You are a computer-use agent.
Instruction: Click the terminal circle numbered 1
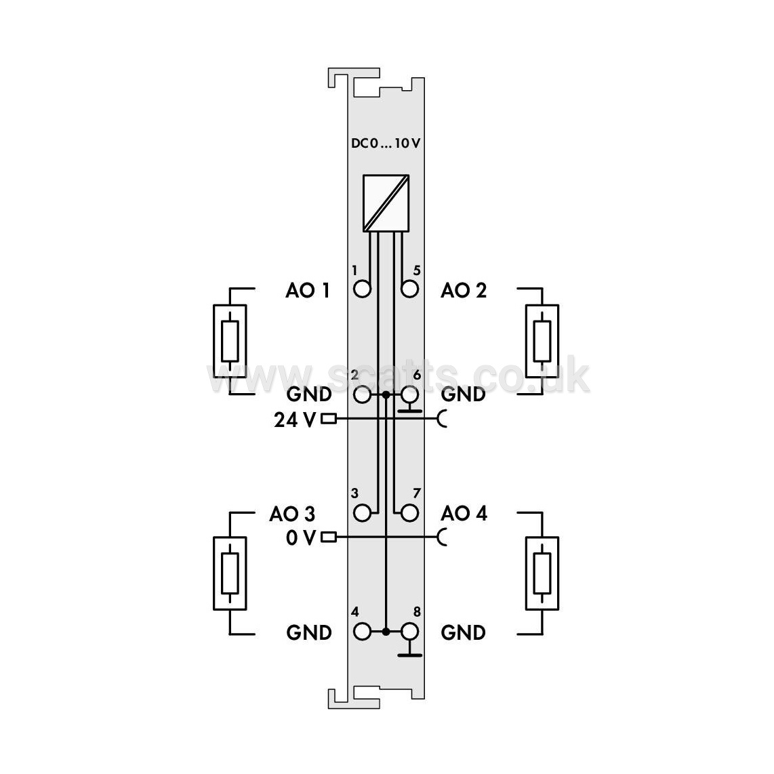(363, 289)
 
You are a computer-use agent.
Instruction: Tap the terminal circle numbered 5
(410, 289)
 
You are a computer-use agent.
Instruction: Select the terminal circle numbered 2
(363, 394)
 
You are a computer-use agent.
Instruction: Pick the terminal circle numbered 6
(410, 394)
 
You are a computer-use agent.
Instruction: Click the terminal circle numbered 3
(363, 513)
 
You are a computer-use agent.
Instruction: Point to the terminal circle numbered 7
(410, 513)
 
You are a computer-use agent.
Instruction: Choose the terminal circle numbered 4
(363, 632)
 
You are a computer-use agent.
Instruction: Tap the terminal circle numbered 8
(410, 632)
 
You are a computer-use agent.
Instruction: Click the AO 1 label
(308, 290)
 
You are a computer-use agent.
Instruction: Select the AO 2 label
(464, 290)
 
